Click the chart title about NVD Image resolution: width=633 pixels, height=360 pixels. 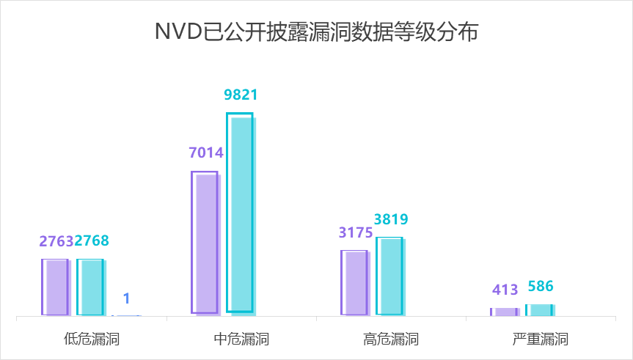coord(316,32)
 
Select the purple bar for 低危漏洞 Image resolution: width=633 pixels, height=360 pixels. coord(55,287)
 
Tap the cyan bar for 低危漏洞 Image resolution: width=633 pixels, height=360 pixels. coord(90,287)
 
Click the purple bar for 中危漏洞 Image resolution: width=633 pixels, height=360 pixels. coord(205,243)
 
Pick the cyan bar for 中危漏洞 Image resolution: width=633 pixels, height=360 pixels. coord(240,213)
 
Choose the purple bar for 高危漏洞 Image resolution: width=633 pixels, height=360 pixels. coord(354,283)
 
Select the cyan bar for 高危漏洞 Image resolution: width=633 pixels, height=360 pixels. coord(389,276)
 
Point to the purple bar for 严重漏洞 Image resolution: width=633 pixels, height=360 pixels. coord(504,312)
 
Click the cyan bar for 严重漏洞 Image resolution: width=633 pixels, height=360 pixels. coord(539,310)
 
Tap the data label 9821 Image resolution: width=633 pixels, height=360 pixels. coord(241,95)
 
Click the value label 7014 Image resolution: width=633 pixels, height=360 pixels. coord(206,153)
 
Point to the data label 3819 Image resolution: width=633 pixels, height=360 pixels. coord(391,218)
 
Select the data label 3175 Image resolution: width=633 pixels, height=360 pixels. coord(356,232)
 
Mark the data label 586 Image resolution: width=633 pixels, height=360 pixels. coord(541,286)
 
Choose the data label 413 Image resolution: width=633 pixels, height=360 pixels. coord(505,290)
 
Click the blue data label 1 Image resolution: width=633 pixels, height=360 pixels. coord(126,298)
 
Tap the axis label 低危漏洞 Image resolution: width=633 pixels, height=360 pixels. coord(92,339)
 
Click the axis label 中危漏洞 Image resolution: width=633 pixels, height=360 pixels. coord(241,339)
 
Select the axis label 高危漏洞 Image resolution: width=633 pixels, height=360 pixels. coord(391,339)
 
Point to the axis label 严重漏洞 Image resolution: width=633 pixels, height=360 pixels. coord(541,339)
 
